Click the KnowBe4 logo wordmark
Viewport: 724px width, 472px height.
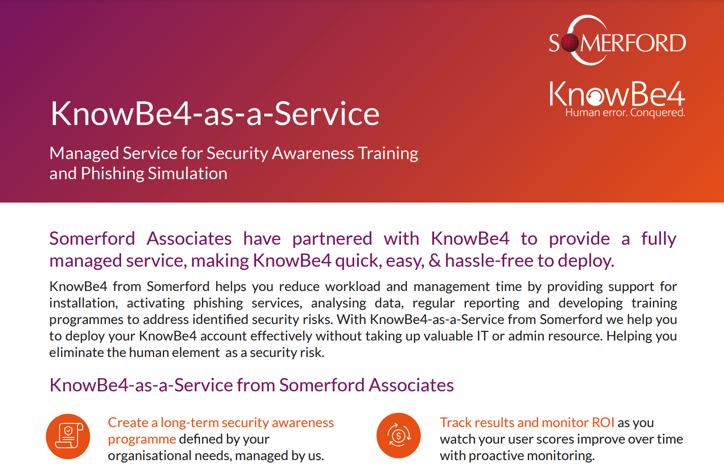pos(617,94)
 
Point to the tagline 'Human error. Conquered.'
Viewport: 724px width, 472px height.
pos(625,113)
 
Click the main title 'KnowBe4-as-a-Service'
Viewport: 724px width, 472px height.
pos(215,114)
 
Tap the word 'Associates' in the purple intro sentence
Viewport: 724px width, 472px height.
pos(189,239)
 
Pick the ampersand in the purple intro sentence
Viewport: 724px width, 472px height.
pos(434,261)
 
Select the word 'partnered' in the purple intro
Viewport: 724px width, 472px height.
pos(332,239)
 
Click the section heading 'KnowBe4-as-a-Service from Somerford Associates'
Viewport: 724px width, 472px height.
pos(251,385)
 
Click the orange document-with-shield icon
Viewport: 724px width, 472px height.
pos(68,436)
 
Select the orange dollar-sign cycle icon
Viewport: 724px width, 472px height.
pos(398,435)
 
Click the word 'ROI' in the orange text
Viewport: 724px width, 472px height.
pos(603,423)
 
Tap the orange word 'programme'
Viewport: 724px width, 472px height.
pos(142,439)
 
